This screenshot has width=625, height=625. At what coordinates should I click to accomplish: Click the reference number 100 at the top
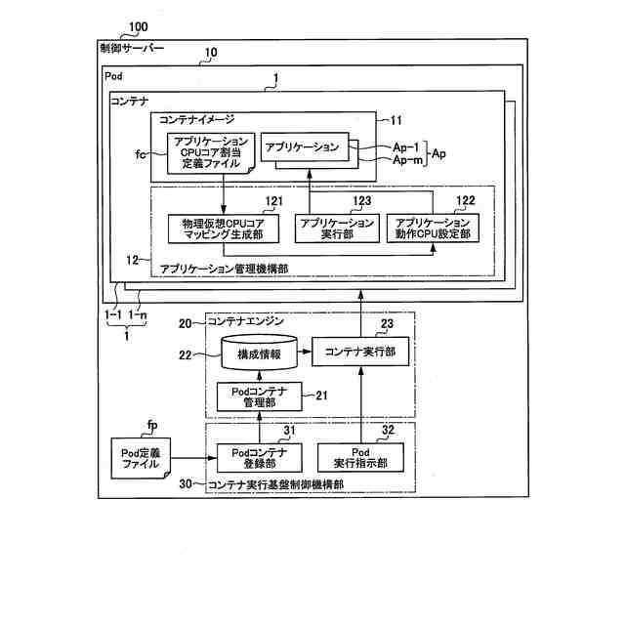pos(139,26)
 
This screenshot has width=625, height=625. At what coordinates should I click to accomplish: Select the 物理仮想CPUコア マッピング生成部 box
pos(224,229)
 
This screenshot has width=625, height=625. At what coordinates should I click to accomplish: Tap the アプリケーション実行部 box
pos(337,229)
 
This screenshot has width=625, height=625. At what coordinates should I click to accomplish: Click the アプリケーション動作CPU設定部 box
pos(433,229)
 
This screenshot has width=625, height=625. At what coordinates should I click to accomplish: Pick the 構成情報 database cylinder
pos(259,353)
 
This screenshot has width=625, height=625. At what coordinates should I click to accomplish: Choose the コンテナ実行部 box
pos(360,352)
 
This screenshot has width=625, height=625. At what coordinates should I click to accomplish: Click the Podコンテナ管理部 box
pos(260,397)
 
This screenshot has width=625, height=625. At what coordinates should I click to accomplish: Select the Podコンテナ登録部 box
pos(260,458)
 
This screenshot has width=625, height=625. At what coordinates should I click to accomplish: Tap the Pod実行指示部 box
pos(360,458)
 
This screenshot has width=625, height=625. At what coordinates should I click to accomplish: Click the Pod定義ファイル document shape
pos(141,458)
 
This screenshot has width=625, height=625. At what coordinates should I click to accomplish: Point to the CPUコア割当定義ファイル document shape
pos(211,153)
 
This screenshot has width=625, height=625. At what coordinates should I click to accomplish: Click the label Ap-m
pos(407,160)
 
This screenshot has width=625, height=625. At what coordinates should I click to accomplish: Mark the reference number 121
pos(274,201)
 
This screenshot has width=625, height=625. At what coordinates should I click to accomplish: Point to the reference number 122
pos(466,200)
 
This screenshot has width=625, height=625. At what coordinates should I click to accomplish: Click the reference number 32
pos(388,430)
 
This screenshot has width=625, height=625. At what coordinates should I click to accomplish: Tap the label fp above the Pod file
pos(152,426)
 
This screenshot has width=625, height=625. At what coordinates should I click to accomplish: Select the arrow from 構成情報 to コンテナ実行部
pos(305,352)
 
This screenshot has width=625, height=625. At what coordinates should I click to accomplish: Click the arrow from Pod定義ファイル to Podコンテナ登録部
pos(193,458)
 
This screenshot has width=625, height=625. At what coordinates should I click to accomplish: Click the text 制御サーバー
pos(132,49)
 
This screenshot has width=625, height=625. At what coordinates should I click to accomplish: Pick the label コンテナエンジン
pos(245,321)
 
